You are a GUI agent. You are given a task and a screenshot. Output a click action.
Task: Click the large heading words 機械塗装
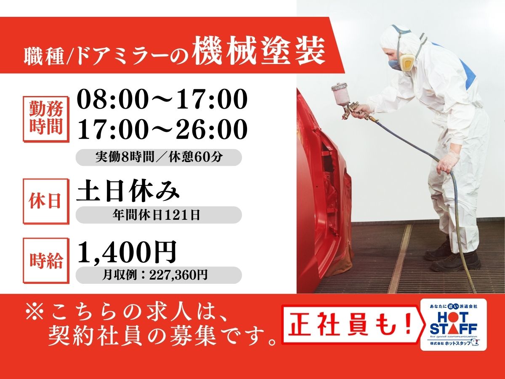click(x=258, y=51)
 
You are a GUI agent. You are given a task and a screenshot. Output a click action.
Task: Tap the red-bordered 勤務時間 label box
click(x=46, y=119)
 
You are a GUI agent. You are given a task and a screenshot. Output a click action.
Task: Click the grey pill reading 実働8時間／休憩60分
click(x=159, y=157)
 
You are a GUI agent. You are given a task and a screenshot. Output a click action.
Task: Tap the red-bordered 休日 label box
click(x=46, y=201)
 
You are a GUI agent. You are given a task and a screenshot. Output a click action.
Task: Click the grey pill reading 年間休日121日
click(x=159, y=215)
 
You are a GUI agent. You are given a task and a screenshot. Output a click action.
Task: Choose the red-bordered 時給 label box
click(x=46, y=261)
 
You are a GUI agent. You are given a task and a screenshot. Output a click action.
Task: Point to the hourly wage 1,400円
click(x=127, y=252)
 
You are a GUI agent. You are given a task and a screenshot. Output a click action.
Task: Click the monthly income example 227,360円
click(x=178, y=275)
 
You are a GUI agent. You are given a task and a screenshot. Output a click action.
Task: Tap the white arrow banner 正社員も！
click(x=353, y=326)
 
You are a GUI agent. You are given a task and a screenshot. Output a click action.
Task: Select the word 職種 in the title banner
click(x=44, y=56)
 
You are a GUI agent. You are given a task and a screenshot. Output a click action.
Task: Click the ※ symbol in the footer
click(x=35, y=312)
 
